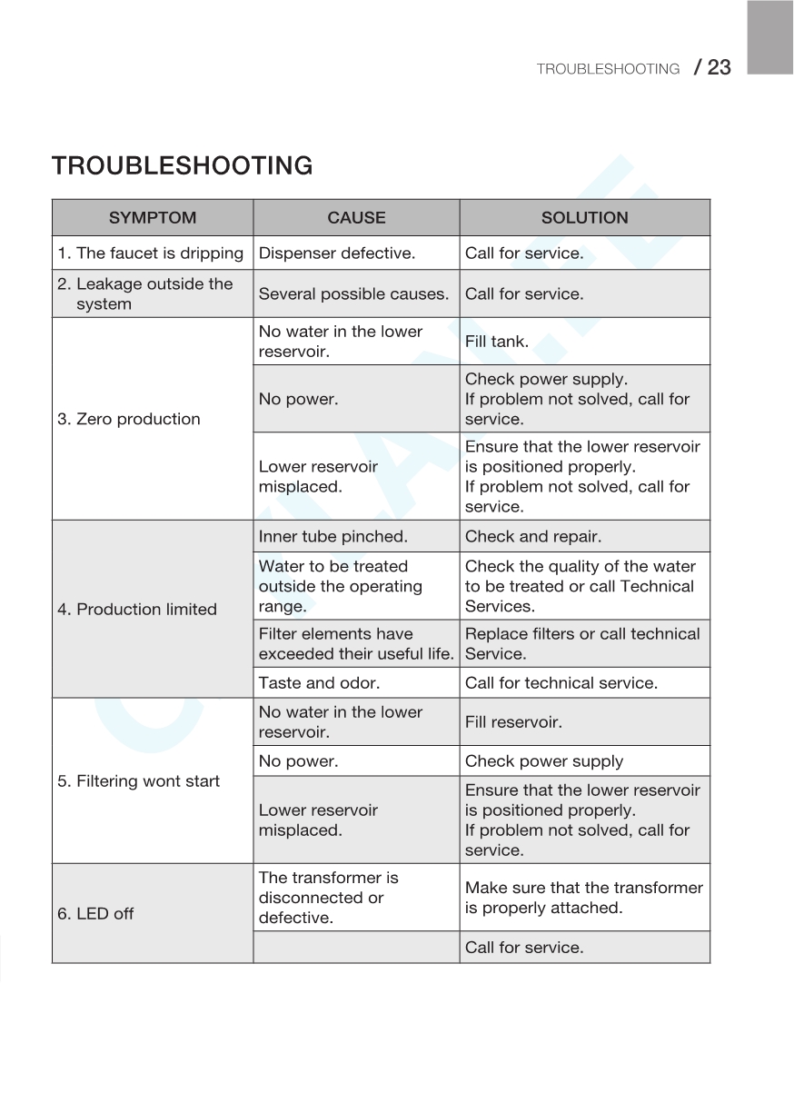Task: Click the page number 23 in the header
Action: point(718,67)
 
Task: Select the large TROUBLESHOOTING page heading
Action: point(183,166)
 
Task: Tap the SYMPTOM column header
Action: point(153,218)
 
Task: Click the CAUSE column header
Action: point(356,218)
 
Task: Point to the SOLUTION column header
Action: point(584,218)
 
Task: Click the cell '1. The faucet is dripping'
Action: point(151,253)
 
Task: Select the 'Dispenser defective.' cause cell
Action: point(337,253)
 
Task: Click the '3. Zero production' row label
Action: point(129,419)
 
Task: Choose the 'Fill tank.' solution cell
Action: point(497,342)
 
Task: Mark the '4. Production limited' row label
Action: point(137,610)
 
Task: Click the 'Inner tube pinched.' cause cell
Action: point(333,537)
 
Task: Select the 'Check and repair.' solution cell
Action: point(533,537)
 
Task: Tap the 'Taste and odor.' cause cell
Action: point(319,683)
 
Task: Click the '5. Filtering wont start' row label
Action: point(138,781)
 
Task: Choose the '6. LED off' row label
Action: point(95,914)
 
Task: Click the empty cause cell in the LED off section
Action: point(356,948)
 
